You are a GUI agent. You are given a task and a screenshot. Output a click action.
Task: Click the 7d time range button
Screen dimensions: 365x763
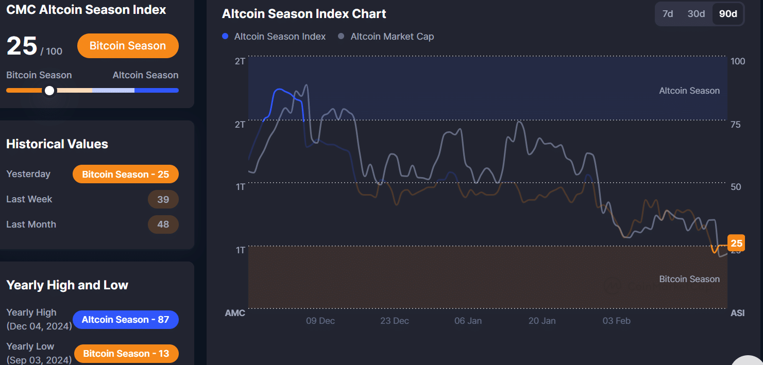click(668, 14)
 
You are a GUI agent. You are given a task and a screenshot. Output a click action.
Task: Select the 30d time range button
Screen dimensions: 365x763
click(696, 14)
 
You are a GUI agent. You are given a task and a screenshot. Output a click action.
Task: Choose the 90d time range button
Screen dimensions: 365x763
click(727, 14)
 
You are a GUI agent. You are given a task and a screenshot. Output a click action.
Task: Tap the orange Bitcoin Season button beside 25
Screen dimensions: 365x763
click(128, 46)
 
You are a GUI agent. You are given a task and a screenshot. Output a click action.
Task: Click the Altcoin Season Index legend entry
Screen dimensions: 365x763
click(274, 37)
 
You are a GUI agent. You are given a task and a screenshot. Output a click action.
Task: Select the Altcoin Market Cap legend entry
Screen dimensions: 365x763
click(386, 37)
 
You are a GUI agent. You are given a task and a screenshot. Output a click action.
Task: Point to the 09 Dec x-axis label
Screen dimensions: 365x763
click(320, 321)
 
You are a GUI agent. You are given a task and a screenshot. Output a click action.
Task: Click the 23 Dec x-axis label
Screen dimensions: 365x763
click(395, 321)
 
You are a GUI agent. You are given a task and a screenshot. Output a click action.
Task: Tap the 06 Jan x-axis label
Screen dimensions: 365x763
click(468, 321)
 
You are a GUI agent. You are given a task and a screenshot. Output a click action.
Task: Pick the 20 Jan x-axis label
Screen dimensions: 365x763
click(542, 321)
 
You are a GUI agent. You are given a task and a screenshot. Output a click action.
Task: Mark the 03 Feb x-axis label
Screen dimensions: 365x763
click(616, 321)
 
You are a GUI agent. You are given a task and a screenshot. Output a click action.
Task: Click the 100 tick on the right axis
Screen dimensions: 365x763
click(738, 61)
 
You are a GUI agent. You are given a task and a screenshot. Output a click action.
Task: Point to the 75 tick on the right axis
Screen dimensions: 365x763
click(736, 125)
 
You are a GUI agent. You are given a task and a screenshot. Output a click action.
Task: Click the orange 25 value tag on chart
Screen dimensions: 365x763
click(736, 243)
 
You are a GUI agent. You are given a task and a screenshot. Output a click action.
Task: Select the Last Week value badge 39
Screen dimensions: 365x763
click(163, 199)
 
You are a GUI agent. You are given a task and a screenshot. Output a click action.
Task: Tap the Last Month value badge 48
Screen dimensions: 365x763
click(163, 224)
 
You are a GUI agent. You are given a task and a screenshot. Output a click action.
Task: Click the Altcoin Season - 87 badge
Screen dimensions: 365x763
click(125, 320)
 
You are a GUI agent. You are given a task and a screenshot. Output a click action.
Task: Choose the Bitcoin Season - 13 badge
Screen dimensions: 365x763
click(126, 354)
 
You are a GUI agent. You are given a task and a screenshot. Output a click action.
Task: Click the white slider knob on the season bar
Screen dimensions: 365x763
click(49, 91)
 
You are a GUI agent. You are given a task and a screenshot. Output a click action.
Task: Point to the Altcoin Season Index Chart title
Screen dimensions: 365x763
click(304, 14)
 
